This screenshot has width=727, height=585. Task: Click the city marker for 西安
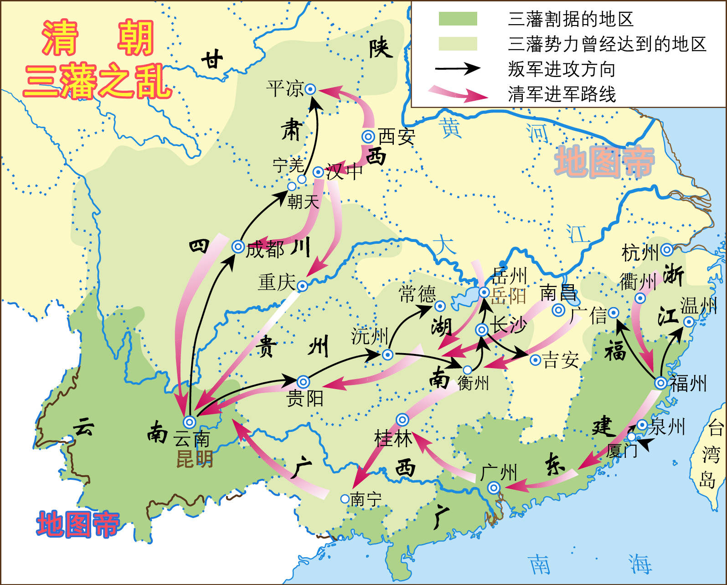pos(368,136)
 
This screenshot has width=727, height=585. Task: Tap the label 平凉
pos(285,88)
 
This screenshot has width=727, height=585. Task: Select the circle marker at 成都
pos(238,246)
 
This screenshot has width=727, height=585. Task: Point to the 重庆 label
pos(277,282)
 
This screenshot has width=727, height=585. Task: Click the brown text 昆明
pos(195,459)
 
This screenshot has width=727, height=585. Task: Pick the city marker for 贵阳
pos(304,382)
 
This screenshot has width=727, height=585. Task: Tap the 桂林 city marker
pos(402,420)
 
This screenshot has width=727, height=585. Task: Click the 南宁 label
pos(366,499)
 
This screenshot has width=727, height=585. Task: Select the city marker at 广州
pos(494,488)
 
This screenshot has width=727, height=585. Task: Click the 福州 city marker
pos(660,383)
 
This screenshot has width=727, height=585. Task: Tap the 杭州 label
pos(640,252)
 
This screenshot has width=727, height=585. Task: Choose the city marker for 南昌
pos(558,310)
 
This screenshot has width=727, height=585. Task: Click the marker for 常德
pos(440,306)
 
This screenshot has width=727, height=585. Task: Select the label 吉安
pos(561,360)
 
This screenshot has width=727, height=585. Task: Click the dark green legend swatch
pos(458,19)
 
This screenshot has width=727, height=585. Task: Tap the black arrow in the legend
pos(458,69)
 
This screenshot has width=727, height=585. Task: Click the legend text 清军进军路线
pos(562,94)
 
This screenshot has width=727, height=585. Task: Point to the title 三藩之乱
pos(98,82)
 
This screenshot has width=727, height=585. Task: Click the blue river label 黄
pos(451,128)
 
